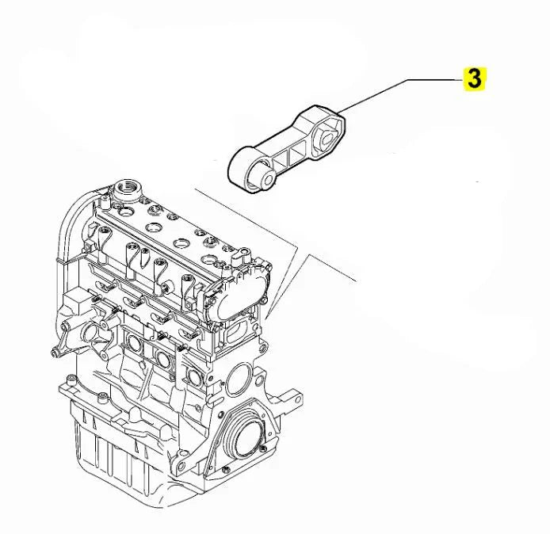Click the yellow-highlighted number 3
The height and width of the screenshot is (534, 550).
[x=474, y=78]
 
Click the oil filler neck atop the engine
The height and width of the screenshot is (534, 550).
[x=126, y=190]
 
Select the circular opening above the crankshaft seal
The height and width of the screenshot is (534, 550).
[x=238, y=380]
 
